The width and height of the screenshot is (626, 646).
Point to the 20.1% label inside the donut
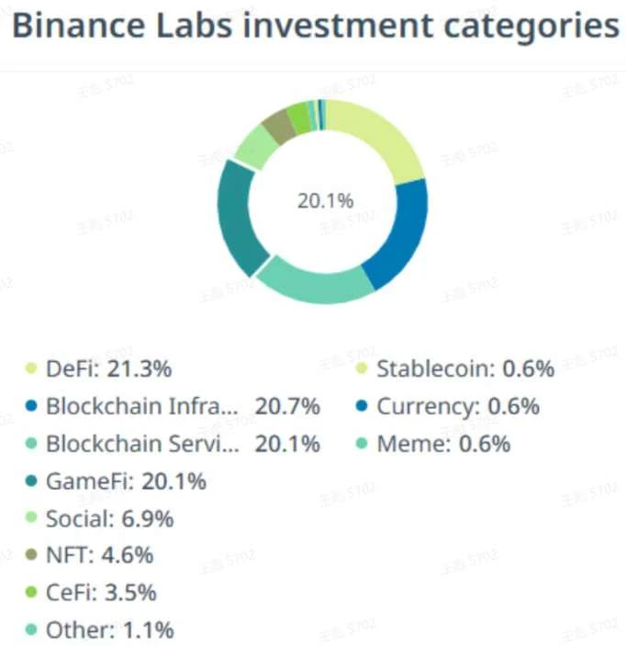click(x=324, y=199)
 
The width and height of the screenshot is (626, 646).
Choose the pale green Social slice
click(x=255, y=145)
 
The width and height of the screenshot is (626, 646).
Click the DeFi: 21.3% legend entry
click(x=108, y=369)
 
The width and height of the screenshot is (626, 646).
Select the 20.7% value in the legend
click(x=287, y=406)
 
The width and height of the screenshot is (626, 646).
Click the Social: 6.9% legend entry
click(x=109, y=518)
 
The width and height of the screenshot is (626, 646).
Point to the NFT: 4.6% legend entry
click(x=99, y=555)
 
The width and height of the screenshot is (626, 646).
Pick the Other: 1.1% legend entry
click(x=109, y=629)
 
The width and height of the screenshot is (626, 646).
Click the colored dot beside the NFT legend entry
click(x=30, y=555)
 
